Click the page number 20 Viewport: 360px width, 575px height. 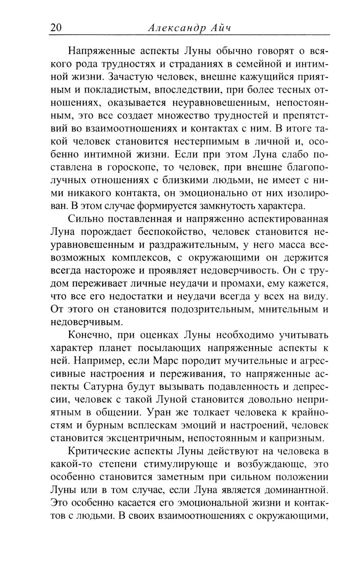pos(57,28)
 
